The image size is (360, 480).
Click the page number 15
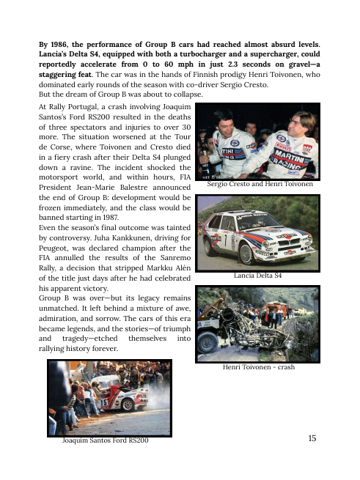tap(312, 438)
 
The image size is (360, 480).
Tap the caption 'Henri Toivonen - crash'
tap(259, 366)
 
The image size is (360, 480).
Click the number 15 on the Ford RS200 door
tap(104, 402)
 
